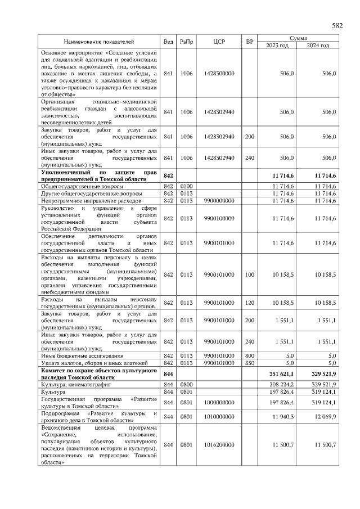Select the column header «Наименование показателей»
coord(99,42)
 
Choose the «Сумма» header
coord(298,38)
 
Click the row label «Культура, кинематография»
coord(74,384)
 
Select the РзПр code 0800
coord(186,384)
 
